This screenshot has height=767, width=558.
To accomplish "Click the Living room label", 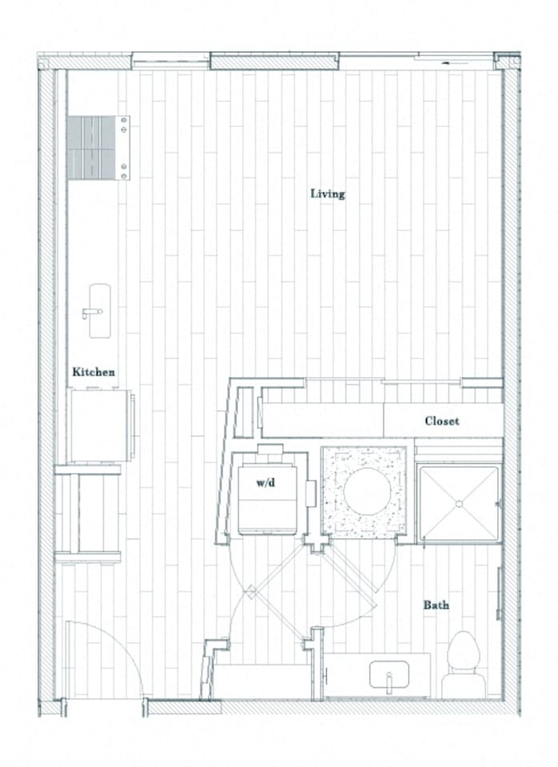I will pos(328,193).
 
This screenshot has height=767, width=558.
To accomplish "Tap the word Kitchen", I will pos(94,372).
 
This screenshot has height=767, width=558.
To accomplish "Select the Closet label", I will pos(442,420).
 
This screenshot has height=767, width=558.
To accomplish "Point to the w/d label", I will pos(266,483).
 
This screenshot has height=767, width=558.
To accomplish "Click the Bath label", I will pos(436,605).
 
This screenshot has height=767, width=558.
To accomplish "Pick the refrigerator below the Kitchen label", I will pos(99,425).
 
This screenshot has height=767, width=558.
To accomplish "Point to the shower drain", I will pos(460,503).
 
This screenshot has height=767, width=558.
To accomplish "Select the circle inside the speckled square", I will pos(366,491).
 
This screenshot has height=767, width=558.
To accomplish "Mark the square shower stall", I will pos(460,504).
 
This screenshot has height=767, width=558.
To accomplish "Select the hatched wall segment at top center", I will pos(274,62).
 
